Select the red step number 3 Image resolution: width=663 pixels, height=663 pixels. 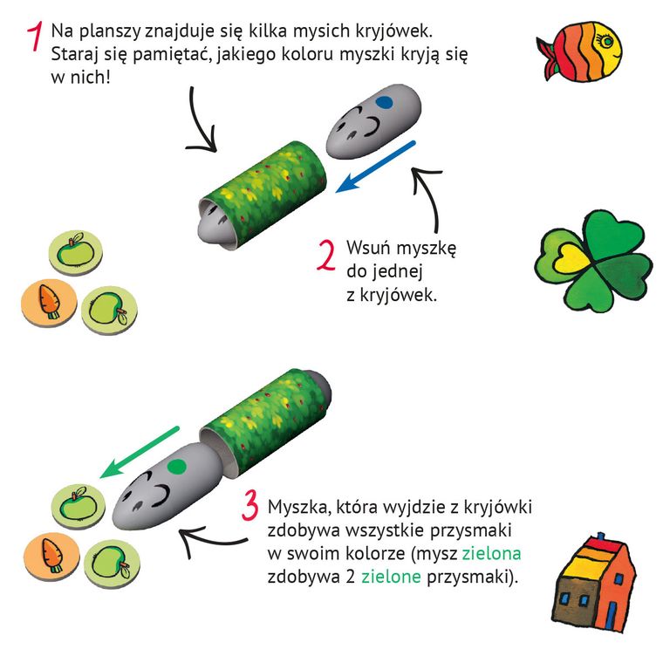point(250,509)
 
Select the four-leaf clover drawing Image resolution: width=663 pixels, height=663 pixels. point(593,257)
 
